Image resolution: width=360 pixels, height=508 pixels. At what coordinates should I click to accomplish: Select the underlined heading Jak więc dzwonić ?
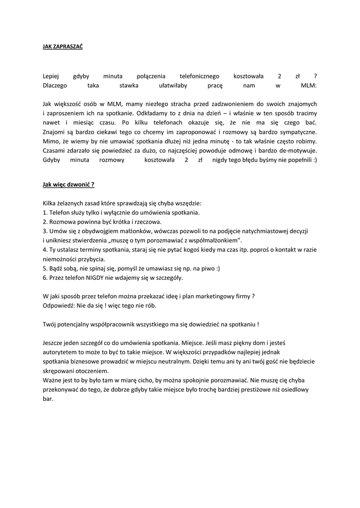tap(69, 185)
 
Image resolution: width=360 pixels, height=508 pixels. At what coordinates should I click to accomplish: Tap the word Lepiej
tap(51, 76)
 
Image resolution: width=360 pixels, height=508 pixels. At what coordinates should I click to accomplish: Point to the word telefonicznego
tap(199, 76)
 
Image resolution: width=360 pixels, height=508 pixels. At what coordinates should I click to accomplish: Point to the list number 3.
tap(45, 231)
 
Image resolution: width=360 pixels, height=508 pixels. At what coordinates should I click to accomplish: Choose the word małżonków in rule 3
tap(132, 231)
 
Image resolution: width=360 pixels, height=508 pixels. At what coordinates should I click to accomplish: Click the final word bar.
tap(48, 399)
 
